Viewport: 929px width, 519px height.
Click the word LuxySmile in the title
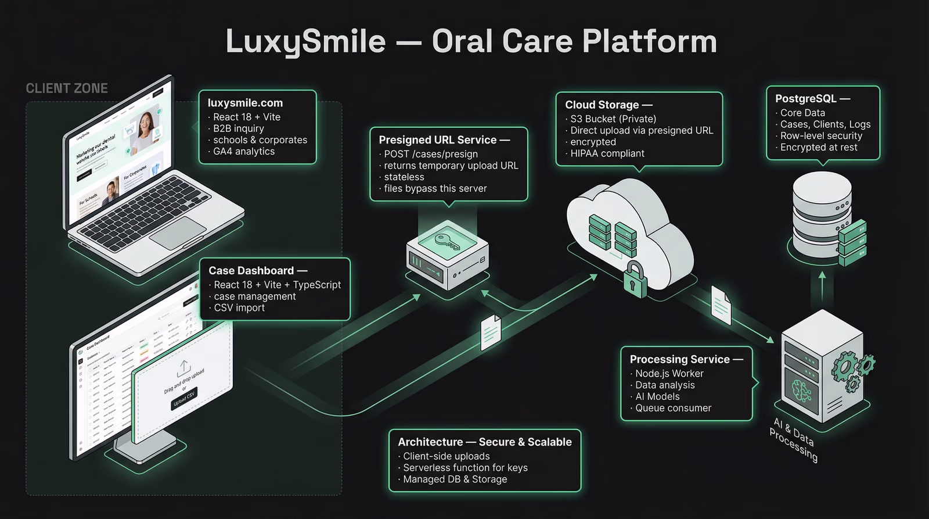pos(305,42)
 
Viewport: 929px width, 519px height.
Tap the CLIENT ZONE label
pos(67,88)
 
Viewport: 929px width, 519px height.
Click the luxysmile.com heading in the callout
pos(245,103)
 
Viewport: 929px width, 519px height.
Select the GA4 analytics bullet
pos(244,151)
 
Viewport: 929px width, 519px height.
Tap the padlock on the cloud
pos(635,280)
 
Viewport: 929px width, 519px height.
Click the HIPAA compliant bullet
pos(607,153)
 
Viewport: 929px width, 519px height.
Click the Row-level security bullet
pos(821,135)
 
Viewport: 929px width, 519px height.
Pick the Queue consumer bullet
pos(673,408)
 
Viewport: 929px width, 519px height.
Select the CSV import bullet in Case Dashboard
pos(239,307)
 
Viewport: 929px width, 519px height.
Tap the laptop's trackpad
pos(178,232)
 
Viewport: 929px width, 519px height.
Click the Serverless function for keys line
pos(465,468)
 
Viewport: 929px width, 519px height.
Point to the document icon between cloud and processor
pos(721,305)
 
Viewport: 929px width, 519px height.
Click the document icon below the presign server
pos(491,332)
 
